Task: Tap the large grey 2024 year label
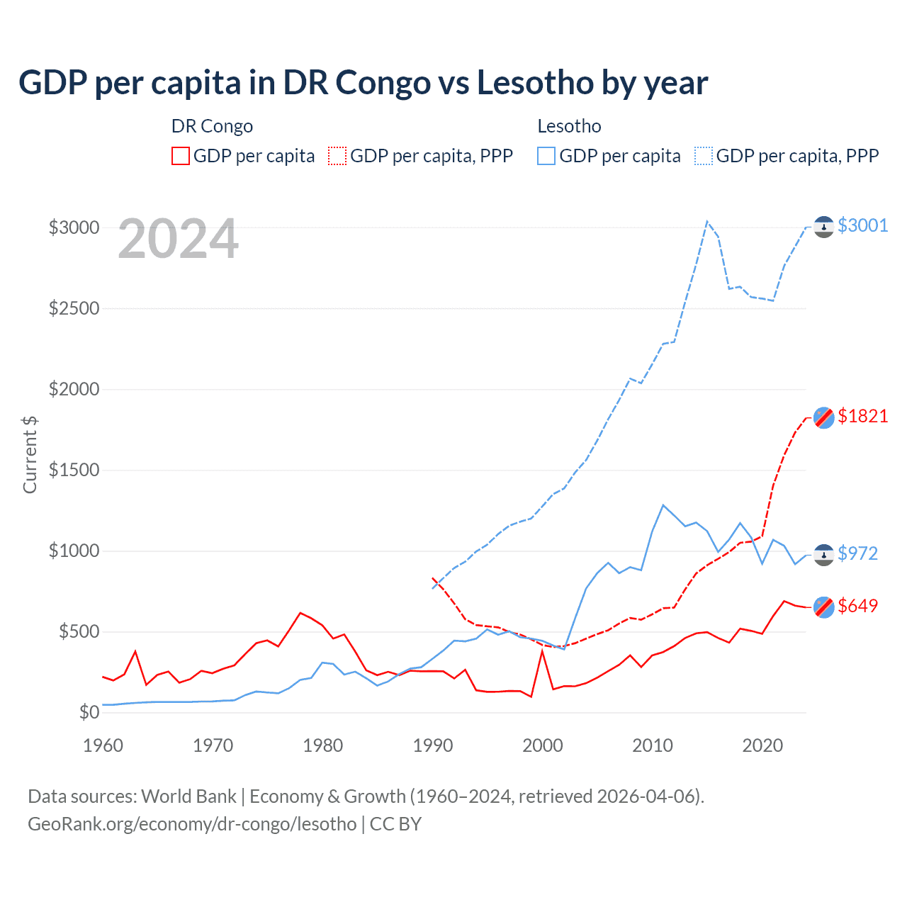coord(178,240)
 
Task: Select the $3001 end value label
coord(862,225)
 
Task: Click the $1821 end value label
coord(862,416)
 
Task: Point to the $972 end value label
coord(857,553)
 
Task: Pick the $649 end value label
coord(857,606)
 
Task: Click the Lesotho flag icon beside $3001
coord(823,227)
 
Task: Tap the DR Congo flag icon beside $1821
coord(823,417)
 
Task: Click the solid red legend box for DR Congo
coord(181,156)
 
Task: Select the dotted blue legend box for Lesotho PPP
coord(704,156)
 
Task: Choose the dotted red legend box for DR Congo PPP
coord(338,156)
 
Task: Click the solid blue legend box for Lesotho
coord(546,156)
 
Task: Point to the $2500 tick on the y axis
coord(74,309)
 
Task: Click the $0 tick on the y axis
coord(89,713)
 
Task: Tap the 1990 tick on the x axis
coord(433,745)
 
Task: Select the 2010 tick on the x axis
coord(653,745)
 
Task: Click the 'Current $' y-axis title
coord(30,455)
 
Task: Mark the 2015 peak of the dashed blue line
coord(707,221)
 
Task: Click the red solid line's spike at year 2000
coord(542,650)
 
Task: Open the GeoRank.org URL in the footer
coord(192,824)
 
